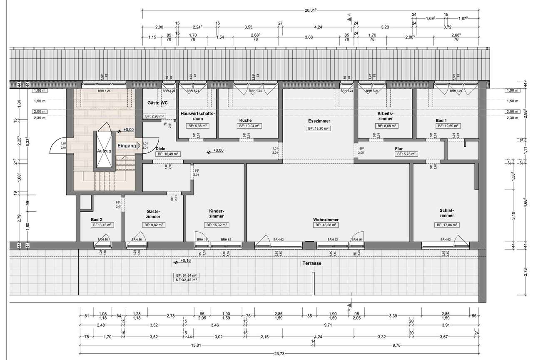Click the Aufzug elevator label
tap(104, 151)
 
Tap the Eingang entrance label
tap(127, 146)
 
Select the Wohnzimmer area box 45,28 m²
tap(326, 225)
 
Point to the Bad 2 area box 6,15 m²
tap(102, 225)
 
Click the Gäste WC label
tap(157, 102)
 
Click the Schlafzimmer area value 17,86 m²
tap(447, 225)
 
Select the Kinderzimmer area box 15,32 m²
tap(216, 225)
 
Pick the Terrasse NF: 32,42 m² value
tap(186, 280)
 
